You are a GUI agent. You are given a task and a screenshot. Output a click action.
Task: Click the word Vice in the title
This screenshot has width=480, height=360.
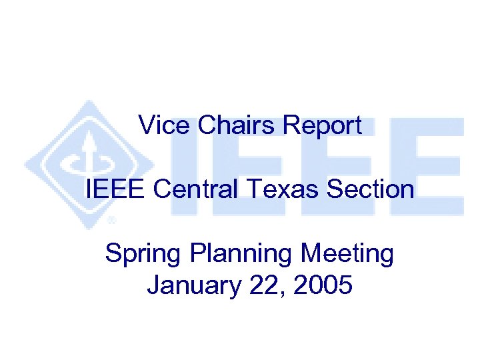158,125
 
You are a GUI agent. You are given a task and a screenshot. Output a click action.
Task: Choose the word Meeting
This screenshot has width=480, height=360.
347,255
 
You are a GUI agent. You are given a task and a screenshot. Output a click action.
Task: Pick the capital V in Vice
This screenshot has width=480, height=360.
145,125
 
